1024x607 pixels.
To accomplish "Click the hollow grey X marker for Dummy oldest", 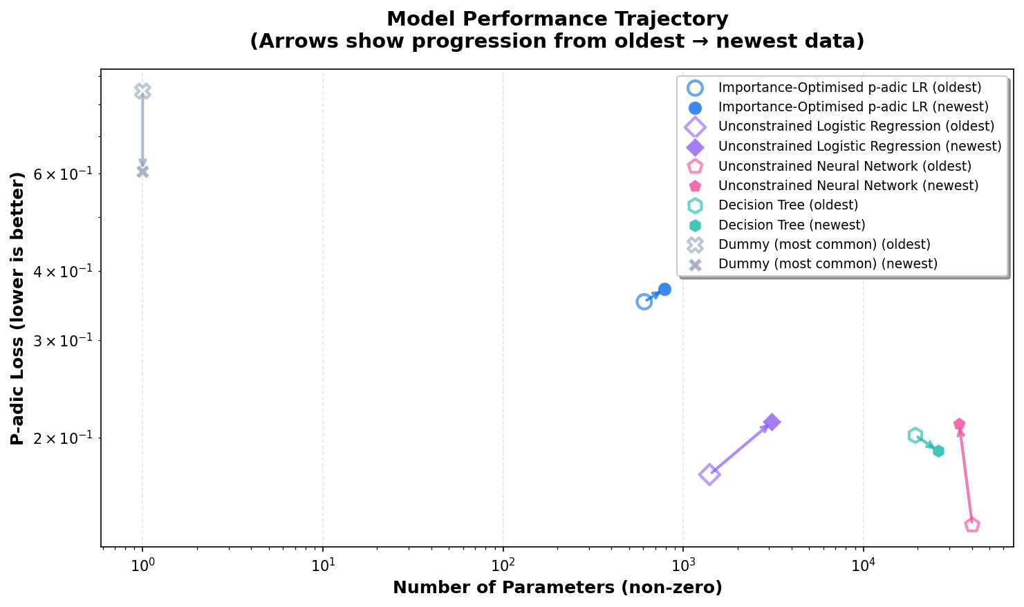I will click(142, 91).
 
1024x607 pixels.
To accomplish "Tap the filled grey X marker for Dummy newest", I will click(142, 171).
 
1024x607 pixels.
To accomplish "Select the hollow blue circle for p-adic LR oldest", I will click(644, 301).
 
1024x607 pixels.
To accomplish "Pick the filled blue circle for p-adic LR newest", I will click(664, 289).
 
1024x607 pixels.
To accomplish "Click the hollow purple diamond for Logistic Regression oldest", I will click(709, 474).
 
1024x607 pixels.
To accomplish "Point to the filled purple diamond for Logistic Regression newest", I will click(772, 422).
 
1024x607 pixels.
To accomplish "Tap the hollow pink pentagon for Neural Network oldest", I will click(972, 525).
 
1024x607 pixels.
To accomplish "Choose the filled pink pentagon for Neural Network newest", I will click(959, 424).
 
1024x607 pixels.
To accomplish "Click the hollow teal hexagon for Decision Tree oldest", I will click(915, 435).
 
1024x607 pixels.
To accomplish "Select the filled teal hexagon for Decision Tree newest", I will click(938, 451).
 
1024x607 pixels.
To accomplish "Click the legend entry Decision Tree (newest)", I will click(791, 225).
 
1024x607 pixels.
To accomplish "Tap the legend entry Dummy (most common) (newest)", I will click(827, 263).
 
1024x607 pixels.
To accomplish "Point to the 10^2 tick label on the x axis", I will click(503, 566).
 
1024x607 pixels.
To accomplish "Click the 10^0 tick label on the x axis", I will click(142, 566).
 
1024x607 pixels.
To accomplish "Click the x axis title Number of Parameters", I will click(557, 588).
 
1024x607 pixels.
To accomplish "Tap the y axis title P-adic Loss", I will click(19, 308).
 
